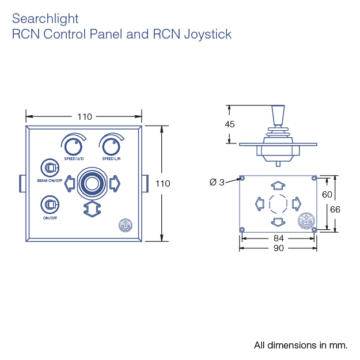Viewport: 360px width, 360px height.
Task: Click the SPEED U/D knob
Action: (x=73, y=145)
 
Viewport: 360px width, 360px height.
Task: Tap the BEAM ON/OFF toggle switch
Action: (x=49, y=168)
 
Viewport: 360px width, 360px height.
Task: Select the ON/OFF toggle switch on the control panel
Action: (x=49, y=204)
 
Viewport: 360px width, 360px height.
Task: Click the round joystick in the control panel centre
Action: (x=91, y=183)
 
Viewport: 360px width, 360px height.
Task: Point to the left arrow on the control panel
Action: (x=70, y=183)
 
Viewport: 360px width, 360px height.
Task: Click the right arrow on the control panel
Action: (x=113, y=183)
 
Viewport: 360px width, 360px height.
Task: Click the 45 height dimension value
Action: (x=230, y=124)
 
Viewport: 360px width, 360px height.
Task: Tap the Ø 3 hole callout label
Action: (x=217, y=183)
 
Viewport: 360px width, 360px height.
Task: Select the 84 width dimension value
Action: (x=278, y=238)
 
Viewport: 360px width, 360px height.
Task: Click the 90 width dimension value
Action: (x=278, y=248)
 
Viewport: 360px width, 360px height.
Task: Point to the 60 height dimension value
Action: (x=327, y=195)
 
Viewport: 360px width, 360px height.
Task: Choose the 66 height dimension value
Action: (x=335, y=209)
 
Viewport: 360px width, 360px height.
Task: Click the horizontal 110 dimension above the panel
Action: (x=85, y=116)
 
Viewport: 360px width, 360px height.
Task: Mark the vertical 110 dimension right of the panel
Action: (x=163, y=183)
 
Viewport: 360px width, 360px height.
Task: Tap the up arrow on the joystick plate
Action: (x=278, y=185)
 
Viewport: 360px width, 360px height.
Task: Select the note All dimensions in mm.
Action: (x=301, y=346)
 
